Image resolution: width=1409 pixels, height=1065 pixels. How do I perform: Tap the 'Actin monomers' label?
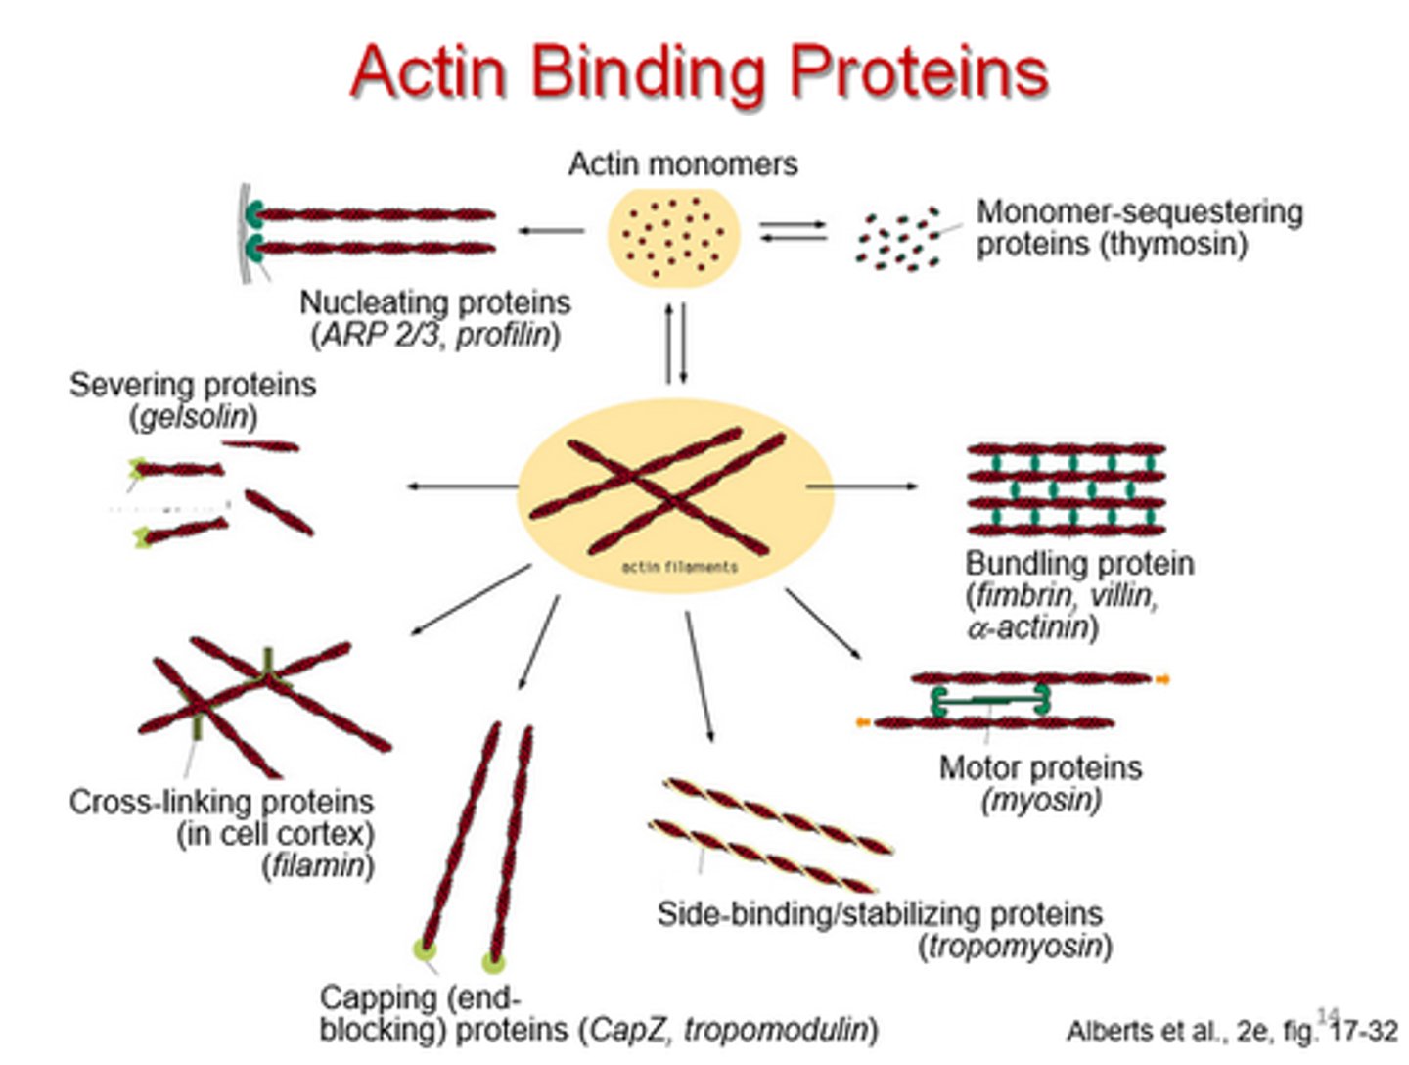(x=683, y=163)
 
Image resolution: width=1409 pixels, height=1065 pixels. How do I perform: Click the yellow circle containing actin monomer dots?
(x=673, y=236)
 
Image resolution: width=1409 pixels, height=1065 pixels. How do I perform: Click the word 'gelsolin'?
(x=193, y=417)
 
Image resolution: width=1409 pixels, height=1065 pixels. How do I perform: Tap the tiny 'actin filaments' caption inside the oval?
(x=679, y=567)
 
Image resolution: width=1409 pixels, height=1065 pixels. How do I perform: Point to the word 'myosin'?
(x=1041, y=800)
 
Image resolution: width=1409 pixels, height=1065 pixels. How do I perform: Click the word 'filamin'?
(x=317, y=866)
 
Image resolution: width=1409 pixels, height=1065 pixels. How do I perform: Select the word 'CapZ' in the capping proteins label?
(x=628, y=1030)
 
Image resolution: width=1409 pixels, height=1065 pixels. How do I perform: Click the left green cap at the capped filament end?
(x=425, y=948)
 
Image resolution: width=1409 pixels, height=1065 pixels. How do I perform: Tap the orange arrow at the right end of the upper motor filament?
(x=1161, y=678)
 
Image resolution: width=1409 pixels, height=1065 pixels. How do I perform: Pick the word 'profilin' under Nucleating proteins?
(x=502, y=335)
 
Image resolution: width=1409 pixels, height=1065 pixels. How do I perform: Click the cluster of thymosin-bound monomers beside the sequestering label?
(x=898, y=239)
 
